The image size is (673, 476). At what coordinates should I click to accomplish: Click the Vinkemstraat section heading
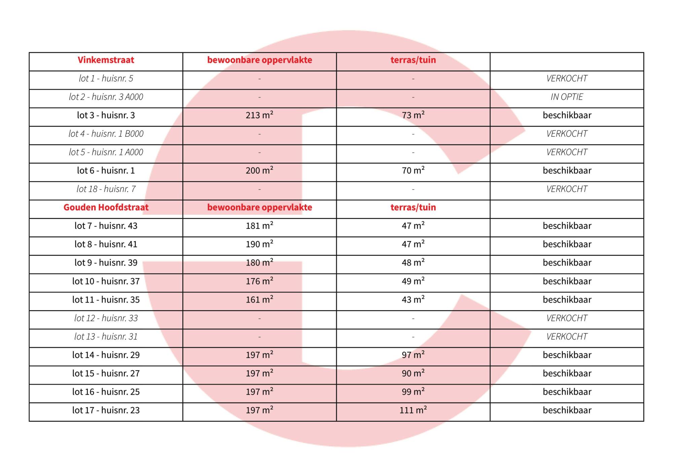[x=106, y=60]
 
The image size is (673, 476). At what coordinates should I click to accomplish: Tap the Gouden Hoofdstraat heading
[x=106, y=207]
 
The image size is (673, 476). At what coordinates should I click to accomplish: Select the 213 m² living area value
[x=259, y=115]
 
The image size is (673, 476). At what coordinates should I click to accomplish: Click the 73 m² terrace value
[x=413, y=115]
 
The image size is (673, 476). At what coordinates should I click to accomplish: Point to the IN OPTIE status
[x=567, y=97]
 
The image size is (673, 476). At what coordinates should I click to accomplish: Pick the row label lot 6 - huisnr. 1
[x=106, y=171]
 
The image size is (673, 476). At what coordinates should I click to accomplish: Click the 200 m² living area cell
[x=259, y=171]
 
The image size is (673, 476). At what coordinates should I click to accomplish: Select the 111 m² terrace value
[x=413, y=410]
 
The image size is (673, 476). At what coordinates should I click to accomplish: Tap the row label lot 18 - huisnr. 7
[x=106, y=189]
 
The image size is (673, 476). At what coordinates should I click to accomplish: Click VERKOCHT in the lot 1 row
[x=567, y=78]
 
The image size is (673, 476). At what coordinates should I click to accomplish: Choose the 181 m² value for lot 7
[x=259, y=226]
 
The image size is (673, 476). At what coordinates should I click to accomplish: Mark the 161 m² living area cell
[x=259, y=300]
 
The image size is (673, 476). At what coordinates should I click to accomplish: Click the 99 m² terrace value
[x=413, y=392]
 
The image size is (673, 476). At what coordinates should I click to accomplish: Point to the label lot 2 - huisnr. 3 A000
[x=106, y=97]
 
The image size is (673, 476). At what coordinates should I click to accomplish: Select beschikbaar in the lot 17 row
[x=567, y=410]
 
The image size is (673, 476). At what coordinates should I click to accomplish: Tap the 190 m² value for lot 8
[x=259, y=244]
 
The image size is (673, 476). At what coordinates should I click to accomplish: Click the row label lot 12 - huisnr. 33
[x=106, y=318]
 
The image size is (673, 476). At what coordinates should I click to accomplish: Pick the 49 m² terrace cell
[x=413, y=281]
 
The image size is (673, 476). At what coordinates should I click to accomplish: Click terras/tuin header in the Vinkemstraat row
[x=413, y=60]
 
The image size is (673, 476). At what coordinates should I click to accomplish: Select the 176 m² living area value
[x=259, y=281]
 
